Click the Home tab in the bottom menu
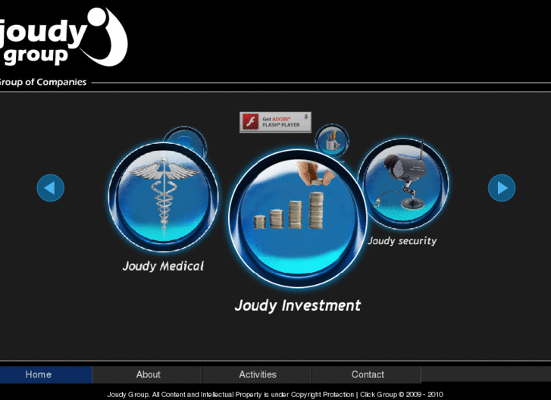(x=38, y=374)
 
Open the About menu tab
(x=148, y=374)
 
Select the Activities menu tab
(x=257, y=374)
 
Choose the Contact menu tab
(x=368, y=374)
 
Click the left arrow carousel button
(x=50, y=188)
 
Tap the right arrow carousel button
(x=501, y=188)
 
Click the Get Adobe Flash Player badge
(x=275, y=122)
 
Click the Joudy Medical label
(x=163, y=266)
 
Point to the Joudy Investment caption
(x=297, y=305)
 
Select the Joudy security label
(x=402, y=241)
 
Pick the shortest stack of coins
(x=260, y=221)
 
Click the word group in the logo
(x=36, y=57)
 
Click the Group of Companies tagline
(x=43, y=82)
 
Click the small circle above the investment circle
(x=331, y=139)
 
